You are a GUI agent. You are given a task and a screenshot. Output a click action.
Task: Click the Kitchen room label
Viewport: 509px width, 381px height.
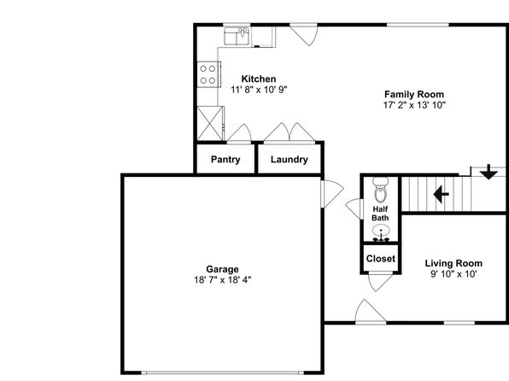click(259, 79)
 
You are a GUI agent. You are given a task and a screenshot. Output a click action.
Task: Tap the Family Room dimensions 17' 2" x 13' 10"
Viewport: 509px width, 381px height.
click(414, 105)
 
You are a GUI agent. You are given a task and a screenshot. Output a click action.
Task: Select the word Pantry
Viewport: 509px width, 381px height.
click(225, 160)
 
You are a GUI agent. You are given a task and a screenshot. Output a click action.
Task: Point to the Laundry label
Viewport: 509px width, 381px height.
click(290, 160)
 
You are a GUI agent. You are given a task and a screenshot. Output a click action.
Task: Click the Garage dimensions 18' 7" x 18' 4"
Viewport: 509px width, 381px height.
click(223, 279)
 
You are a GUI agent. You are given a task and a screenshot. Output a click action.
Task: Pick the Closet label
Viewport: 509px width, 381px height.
click(381, 259)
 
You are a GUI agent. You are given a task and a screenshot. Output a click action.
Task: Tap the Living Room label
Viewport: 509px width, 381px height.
click(453, 263)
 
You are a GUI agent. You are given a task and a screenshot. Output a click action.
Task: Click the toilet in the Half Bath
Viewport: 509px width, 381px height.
click(380, 190)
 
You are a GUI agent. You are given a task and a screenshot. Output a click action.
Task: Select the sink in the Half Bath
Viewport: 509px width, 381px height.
click(381, 234)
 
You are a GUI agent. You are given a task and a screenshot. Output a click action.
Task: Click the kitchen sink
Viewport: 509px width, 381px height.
click(237, 36)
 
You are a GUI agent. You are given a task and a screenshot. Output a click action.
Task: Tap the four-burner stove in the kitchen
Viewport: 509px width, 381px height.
click(208, 74)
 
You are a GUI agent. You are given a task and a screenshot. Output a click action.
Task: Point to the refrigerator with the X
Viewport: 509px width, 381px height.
click(210, 123)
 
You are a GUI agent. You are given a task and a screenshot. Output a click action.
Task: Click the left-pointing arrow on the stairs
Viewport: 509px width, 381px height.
click(442, 195)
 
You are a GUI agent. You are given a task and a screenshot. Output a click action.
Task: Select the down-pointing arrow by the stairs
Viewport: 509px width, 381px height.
click(489, 173)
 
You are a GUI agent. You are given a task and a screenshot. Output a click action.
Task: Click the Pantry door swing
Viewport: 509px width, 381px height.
click(239, 133)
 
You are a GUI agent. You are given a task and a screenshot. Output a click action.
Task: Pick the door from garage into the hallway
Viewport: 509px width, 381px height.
click(332, 194)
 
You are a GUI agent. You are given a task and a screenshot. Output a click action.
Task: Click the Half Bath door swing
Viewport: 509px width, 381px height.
click(354, 208)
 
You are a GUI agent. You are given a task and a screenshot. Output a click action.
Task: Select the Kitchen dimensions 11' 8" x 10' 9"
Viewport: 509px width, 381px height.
click(259, 90)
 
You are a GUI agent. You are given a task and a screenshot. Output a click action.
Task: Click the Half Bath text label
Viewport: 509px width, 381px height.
click(380, 214)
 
